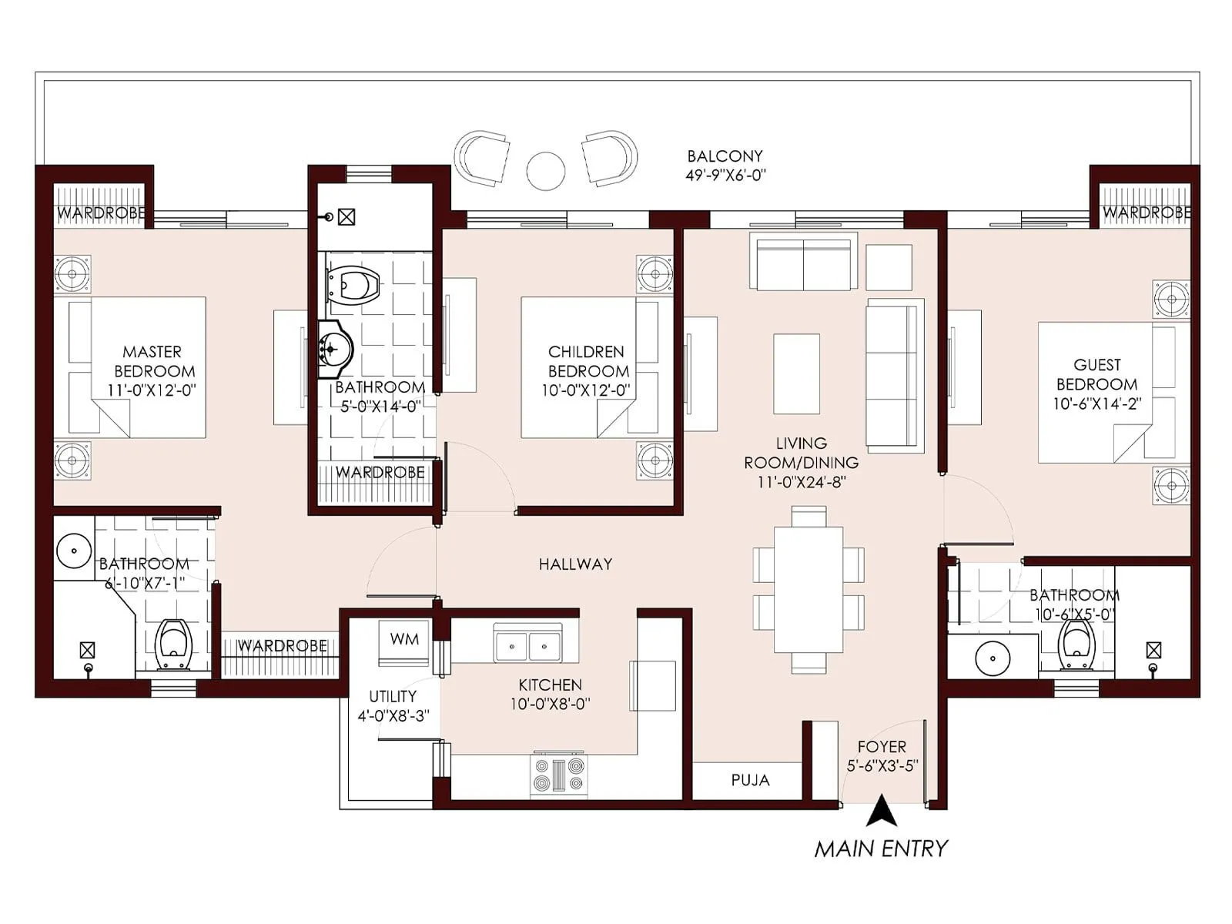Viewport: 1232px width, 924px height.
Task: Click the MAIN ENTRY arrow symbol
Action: (x=881, y=813)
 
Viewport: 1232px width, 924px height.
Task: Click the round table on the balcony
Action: (x=545, y=170)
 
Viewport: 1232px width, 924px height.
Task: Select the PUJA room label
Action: (x=750, y=781)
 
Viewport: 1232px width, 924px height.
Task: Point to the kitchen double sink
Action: (x=527, y=644)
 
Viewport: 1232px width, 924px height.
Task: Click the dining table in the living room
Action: (x=808, y=588)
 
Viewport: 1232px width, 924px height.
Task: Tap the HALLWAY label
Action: (x=575, y=564)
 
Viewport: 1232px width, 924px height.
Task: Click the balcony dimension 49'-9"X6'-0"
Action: (x=725, y=176)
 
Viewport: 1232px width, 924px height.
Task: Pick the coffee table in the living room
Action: (x=796, y=373)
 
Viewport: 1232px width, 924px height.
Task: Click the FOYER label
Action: (x=882, y=746)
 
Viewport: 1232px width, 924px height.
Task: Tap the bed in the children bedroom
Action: (x=589, y=368)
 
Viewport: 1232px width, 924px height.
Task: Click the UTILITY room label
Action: (x=392, y=696)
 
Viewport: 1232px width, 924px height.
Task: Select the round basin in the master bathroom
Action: (x=74, y=551)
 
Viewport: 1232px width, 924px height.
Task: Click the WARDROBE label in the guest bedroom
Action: (x=1146, y=212)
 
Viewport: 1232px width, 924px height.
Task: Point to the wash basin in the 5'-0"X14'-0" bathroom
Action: (x=335, y=350)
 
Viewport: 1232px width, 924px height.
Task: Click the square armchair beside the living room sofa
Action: (x=889, y=267)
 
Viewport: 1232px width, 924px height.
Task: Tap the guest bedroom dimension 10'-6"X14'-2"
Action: (x=1097, y=403)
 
